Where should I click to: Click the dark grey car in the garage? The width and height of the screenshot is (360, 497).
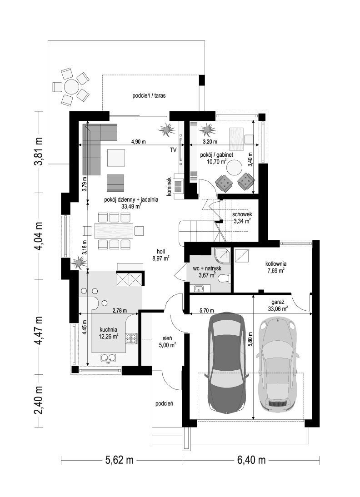pos(226,363)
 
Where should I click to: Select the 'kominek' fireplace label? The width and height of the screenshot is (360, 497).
pos(169,186)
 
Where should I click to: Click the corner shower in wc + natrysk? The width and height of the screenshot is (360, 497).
pos(222,255)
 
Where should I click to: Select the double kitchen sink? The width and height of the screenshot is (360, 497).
pos(108,358)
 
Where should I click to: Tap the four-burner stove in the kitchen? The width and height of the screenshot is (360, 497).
pos(131,338)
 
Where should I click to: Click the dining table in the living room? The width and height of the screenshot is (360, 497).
pos(114,230)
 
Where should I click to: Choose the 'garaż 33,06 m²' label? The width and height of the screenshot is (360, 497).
pos(278,305)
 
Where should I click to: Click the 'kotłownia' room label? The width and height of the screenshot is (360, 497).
pos(276,263)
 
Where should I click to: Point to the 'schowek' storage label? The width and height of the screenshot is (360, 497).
pos(242,214)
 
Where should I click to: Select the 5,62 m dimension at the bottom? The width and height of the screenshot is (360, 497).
pos(119,460)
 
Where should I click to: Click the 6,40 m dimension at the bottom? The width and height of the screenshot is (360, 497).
pos(251,460)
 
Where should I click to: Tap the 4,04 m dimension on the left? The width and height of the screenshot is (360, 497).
pos(40,236)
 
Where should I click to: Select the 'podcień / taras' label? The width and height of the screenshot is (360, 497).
pos(149,95)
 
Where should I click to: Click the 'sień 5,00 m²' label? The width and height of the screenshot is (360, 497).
pos(168,342)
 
